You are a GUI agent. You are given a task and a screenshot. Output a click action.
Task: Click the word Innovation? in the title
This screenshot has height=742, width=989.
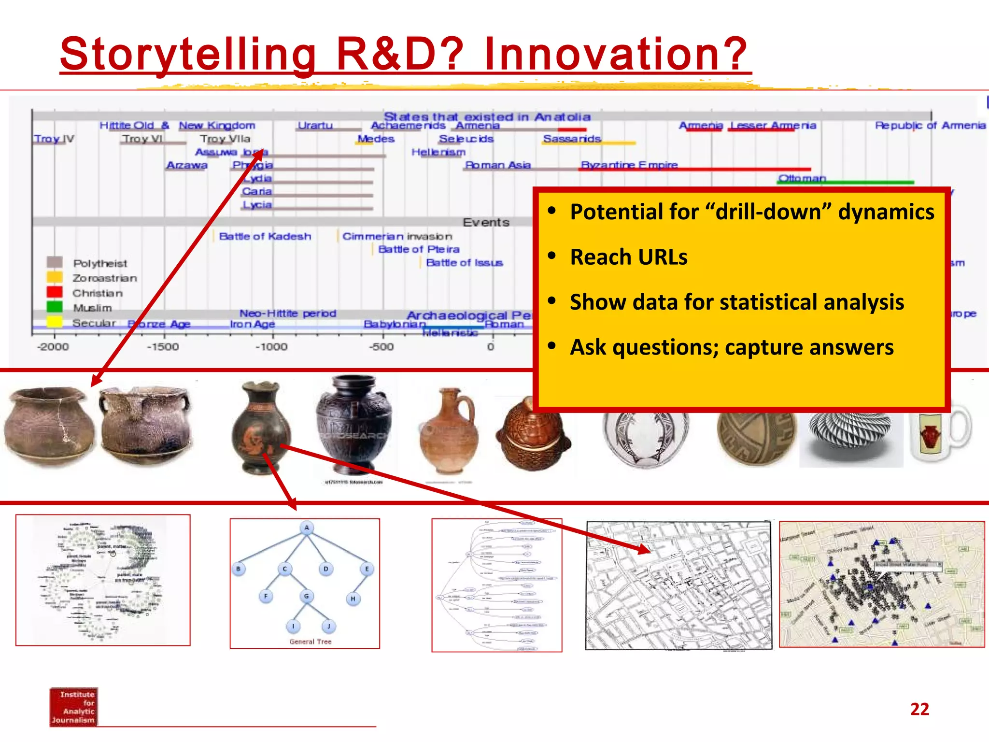click(616, 54)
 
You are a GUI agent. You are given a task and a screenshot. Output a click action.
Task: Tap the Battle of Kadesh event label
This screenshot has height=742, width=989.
click(265, 236)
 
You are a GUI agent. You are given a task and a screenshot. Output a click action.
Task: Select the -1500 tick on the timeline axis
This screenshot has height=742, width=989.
click(163, 346)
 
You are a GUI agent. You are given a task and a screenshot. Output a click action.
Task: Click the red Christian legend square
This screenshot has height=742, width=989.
click(55, 292)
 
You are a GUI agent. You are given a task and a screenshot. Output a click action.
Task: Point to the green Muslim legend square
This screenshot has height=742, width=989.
click(55, 307)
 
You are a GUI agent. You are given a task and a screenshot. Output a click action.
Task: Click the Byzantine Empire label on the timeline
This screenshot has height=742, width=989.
click(629, 165)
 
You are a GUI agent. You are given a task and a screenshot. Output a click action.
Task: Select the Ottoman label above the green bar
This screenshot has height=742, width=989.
click(802, 178)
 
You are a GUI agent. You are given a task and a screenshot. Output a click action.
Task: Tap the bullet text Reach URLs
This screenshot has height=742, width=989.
click(628, 257)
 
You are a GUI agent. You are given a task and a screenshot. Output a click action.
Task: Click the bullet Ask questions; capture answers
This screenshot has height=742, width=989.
click(731, 347)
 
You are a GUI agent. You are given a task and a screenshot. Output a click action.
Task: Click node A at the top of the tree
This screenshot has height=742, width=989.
click(307, 528)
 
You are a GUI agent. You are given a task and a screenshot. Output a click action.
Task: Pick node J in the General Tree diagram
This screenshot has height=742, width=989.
click(328, 627)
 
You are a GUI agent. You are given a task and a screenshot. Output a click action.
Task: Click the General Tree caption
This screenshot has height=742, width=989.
click(310, 642)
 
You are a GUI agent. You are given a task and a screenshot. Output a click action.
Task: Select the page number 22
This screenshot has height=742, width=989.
click(919, 709)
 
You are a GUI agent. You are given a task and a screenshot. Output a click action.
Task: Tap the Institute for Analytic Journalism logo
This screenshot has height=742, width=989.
click(73, 707)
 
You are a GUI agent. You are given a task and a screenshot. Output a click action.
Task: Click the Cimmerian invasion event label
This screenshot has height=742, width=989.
click(397, 236)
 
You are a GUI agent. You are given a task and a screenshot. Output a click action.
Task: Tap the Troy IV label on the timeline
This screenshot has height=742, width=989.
click(54, 139)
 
